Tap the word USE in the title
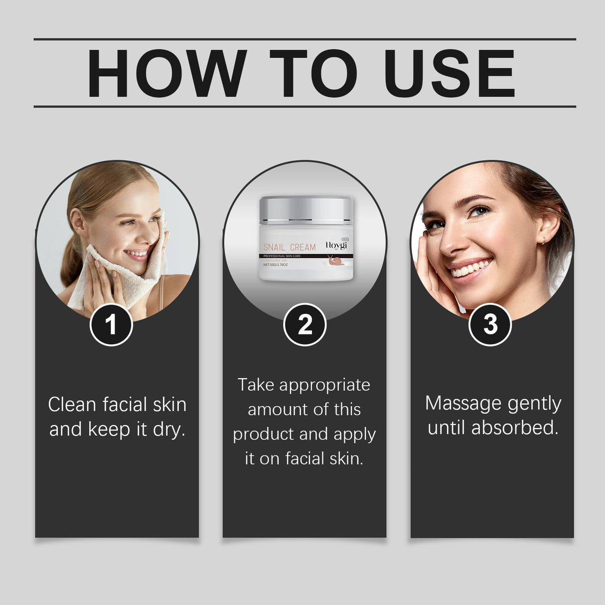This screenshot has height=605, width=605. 449,73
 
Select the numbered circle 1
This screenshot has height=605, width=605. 111,324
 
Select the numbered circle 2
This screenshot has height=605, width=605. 304,324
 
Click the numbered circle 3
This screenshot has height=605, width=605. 490,324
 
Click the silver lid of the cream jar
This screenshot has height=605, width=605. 306,209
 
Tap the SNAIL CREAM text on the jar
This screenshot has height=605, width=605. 289,247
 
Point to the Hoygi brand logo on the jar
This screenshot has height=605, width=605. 336,245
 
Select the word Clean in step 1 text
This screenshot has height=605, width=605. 72,405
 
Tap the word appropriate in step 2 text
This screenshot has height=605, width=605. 324,385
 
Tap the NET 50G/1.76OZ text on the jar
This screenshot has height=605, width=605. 276,265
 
